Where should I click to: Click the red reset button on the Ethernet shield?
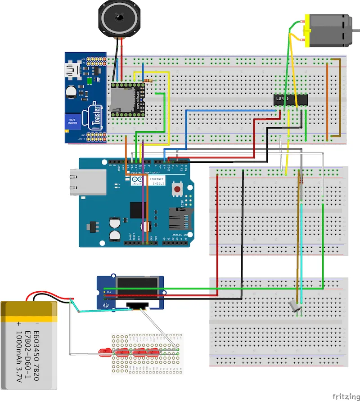click(178, 191)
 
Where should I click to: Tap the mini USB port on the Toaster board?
click(72, 70)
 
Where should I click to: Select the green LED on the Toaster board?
click(90, 80)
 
